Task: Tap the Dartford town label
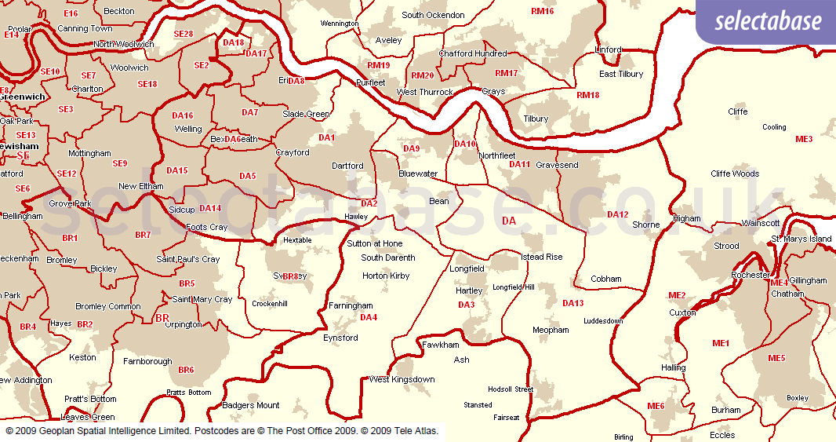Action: click(x=347, y=166)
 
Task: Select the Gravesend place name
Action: click(x=557, y=166)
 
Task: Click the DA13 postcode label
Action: click(x=572, y=303)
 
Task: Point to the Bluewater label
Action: click(x=418, y=174)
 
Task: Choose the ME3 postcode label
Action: click(x=804, y=139)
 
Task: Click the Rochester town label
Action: click(x=750, y=276)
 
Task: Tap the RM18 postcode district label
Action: click(x=587, y=95)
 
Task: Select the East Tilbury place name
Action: click(x=620, y=74)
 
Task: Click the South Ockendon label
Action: click(x=433, y=15)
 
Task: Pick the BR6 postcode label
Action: click(x=186, y=370)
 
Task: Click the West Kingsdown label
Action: click(x=402, y=379)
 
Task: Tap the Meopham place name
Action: click(x=551, y=330)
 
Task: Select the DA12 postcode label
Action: click(x=617, y=214)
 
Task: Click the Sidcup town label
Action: click(x=181, y=210)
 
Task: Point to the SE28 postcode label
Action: click(x=183, y=34)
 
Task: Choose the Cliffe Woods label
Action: click(x=734, y=174)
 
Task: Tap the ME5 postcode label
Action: click(x=776, y=358)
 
